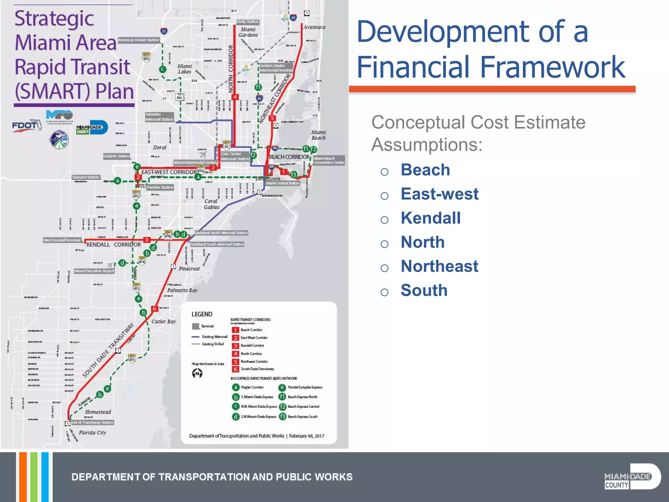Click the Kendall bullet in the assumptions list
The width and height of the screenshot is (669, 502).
click(431, 218)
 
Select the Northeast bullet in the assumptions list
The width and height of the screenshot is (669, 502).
click(439, 266)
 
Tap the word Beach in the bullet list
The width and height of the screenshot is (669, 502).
click(425, 170)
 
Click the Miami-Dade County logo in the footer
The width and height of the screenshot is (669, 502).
click(632, 477)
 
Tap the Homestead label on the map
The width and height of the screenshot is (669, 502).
click(98, 412)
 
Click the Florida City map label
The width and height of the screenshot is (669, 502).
click(92, 432)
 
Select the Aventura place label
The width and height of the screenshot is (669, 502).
click(314, 27)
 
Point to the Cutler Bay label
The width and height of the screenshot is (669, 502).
click(164, 321)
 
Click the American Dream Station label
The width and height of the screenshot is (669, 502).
click(138, 40)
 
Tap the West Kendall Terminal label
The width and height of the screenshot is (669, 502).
click(62, 240)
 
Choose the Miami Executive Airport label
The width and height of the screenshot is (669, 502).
click(94, 271)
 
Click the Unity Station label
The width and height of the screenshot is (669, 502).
click(248, 22)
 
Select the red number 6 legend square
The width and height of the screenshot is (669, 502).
click(235, 369)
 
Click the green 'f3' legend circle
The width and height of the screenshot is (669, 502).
click(282, 416)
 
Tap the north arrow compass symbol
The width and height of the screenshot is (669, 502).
click(197, 373)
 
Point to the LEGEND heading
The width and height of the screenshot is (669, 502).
click(202, 314)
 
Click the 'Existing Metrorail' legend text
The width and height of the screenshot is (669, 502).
click(215, 337)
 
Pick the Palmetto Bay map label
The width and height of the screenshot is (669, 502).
click(182, 290)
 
